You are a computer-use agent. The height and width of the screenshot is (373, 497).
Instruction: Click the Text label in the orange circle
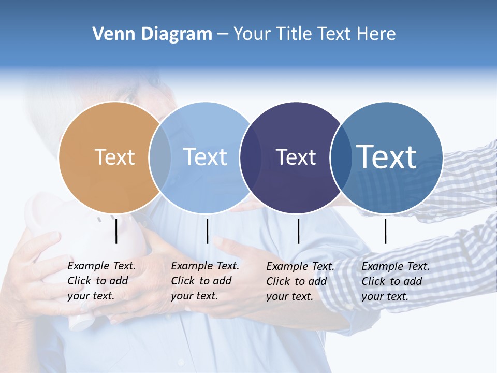pos(114,157)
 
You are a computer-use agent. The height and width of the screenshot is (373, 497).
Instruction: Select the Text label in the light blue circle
pos(206,157)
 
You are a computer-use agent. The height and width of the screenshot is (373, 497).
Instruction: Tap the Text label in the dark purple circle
pos(296,157)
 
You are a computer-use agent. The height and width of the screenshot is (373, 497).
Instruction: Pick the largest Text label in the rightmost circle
pos(387,156)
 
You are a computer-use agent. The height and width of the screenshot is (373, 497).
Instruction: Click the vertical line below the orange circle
pos(116,231)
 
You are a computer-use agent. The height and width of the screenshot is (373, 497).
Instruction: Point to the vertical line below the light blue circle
pos(207,231)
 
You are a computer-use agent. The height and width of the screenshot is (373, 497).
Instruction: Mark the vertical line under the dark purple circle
pos(298,231)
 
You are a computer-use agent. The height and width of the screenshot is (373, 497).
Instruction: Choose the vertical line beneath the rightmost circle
pos(385,231)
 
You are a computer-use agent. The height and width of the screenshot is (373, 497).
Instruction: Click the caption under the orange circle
pos(101,281)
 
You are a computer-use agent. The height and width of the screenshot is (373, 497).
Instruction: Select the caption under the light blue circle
pos(204,281)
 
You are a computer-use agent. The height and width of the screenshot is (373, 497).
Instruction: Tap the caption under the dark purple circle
pos(300,281)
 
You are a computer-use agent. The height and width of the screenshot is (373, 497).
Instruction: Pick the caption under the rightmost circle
pos(395,281)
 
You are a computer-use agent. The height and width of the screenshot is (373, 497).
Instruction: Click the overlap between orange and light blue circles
pos(160,157)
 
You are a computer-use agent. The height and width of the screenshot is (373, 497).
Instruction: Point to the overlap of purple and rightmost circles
pos(340,157)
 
